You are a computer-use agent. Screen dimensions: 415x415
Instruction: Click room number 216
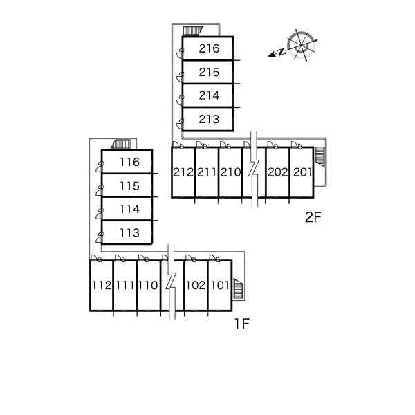tap(208, 49)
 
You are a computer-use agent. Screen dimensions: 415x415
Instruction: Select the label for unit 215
tap(208, 73)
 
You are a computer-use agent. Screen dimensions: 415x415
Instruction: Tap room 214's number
tap(208, 96)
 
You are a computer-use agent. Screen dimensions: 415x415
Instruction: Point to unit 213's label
tap(208, 120)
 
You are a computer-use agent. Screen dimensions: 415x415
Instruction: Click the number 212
tap(183, 172)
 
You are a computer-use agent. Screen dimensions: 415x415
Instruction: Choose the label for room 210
tap(230, 172)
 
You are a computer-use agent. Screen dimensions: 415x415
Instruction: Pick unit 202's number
tap(277, 172)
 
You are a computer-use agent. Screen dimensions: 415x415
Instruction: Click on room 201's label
tap(301, 172)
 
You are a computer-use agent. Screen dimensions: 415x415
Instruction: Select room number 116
tap(129, 163)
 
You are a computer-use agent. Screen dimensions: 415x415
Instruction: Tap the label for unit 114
tap(129, 209)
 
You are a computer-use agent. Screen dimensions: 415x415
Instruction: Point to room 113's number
tap(129, 232)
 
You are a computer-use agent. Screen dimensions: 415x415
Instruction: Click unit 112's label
tap(101, 285)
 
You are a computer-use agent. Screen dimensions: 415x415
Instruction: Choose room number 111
tap(125, 285)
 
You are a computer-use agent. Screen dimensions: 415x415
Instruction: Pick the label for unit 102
tap(196, 285)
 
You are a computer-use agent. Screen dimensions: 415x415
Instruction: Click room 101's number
tap(219, 285)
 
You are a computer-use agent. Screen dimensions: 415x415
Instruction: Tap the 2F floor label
tap(313, 218)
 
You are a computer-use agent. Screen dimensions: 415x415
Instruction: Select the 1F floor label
tap(240, 324)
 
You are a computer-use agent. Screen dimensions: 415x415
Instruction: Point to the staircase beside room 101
tap(239, 288)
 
